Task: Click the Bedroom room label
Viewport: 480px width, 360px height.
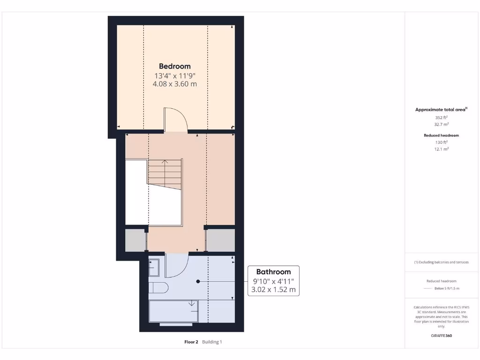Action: [174, 66]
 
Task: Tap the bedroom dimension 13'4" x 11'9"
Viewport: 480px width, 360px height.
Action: [174, 75]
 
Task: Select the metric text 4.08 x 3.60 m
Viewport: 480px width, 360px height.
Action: [174, 84]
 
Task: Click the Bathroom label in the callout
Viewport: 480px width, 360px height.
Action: [273, 272]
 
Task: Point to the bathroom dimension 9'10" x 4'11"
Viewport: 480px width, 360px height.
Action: [273, 281]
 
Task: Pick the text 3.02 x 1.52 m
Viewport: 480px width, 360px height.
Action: [273, 290]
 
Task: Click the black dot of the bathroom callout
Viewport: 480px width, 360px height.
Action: [198, 281]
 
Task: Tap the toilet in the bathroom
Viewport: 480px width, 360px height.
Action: [157, 287]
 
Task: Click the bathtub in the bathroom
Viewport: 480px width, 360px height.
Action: [173, 312]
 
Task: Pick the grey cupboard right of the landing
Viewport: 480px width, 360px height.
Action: [220, 240]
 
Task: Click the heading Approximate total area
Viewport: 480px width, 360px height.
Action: [440, 110]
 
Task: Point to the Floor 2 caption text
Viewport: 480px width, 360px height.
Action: [192, 342]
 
